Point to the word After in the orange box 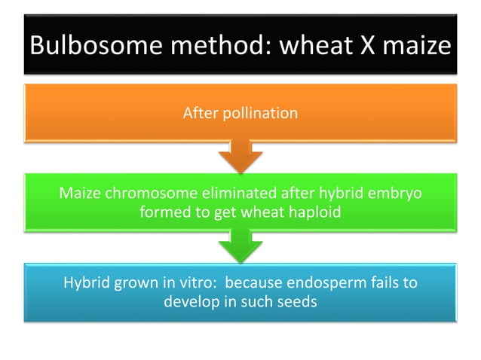click(x=198, y=114)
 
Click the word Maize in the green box click(x=79, y=194)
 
